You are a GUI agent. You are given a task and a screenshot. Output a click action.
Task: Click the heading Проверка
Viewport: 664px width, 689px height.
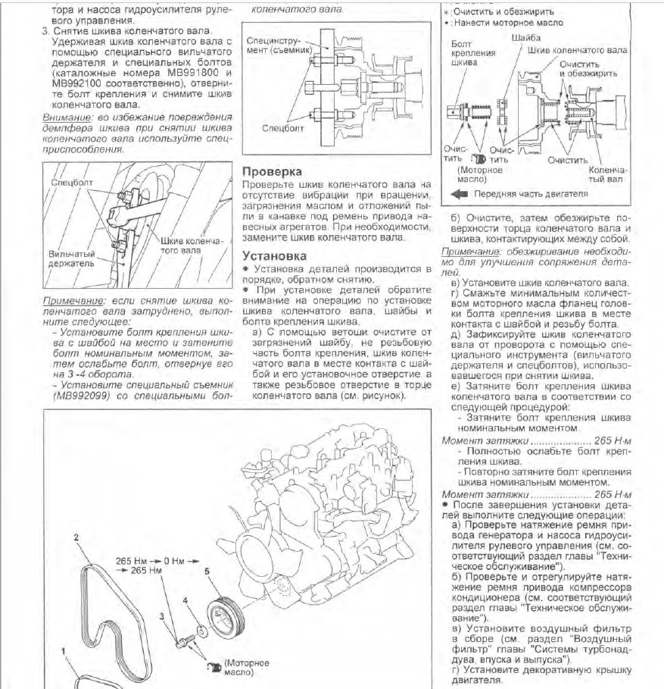click(x=270, y=172)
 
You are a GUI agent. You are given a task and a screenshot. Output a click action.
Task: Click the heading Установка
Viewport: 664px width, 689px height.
click(x=273, y=256)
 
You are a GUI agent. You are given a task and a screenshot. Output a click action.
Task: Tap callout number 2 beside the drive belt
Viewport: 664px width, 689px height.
click(x=76, y=537)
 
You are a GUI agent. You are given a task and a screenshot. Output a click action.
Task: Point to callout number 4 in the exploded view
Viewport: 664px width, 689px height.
click(x=184, y=601)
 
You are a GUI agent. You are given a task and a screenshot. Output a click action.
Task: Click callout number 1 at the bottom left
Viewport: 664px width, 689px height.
click(x=64, y=651)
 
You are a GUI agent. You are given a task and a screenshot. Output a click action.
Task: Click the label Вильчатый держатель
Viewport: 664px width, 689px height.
click(x=70, y=261)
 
